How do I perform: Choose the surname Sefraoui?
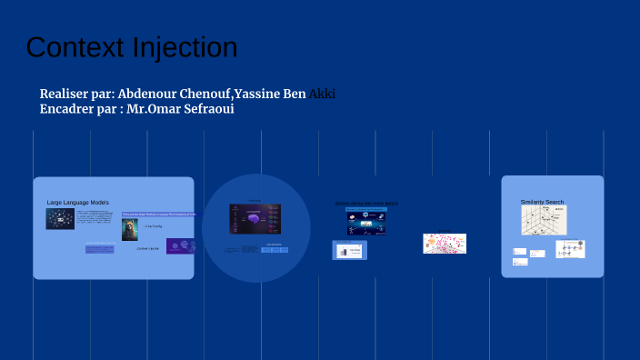tap(206, 109)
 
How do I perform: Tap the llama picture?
tap(130, 229)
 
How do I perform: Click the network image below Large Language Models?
tap(60, 219)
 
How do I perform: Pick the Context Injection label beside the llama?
tap(148, 248)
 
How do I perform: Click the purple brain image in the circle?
tap(255, 219)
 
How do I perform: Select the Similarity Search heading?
tap(542, 202)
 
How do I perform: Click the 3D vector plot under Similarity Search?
tap(544, 220)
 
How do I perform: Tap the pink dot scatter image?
tap(445, 244)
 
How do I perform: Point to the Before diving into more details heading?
tap(366, 203)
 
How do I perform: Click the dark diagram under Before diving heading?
tap(365, 222)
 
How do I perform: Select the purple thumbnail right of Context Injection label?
tap(181, 245)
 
